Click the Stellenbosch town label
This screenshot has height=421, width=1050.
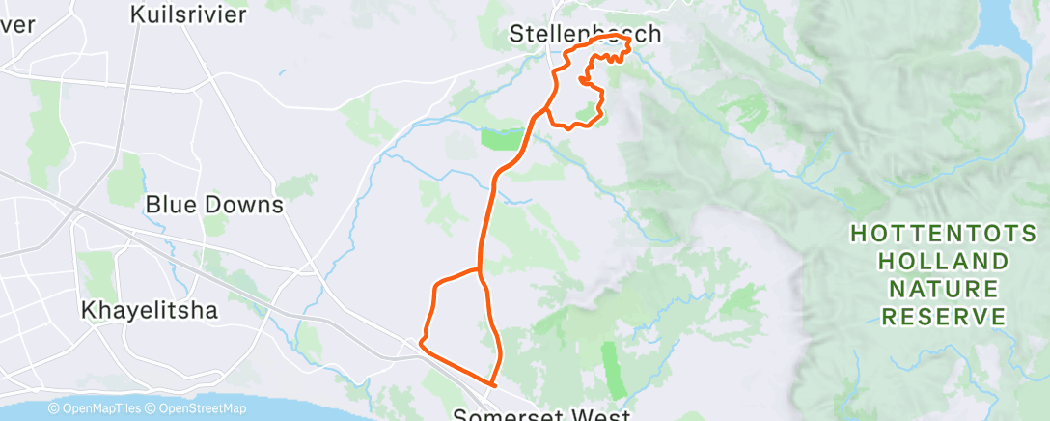click(585, 35)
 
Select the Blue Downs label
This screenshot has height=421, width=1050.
click(213, 205)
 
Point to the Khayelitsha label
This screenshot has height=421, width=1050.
click(150, 311)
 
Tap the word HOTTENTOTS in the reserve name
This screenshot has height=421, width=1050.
click(944, 233)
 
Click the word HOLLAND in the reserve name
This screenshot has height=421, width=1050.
click(944, 261)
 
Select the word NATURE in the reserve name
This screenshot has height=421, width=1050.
click(944, 289)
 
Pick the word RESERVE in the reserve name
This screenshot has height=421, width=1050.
click(944, 317)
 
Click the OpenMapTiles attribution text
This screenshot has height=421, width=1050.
click(95, 409)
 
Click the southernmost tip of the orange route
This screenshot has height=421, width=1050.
click(492, 384)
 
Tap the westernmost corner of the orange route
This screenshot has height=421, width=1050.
click(419, 340)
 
